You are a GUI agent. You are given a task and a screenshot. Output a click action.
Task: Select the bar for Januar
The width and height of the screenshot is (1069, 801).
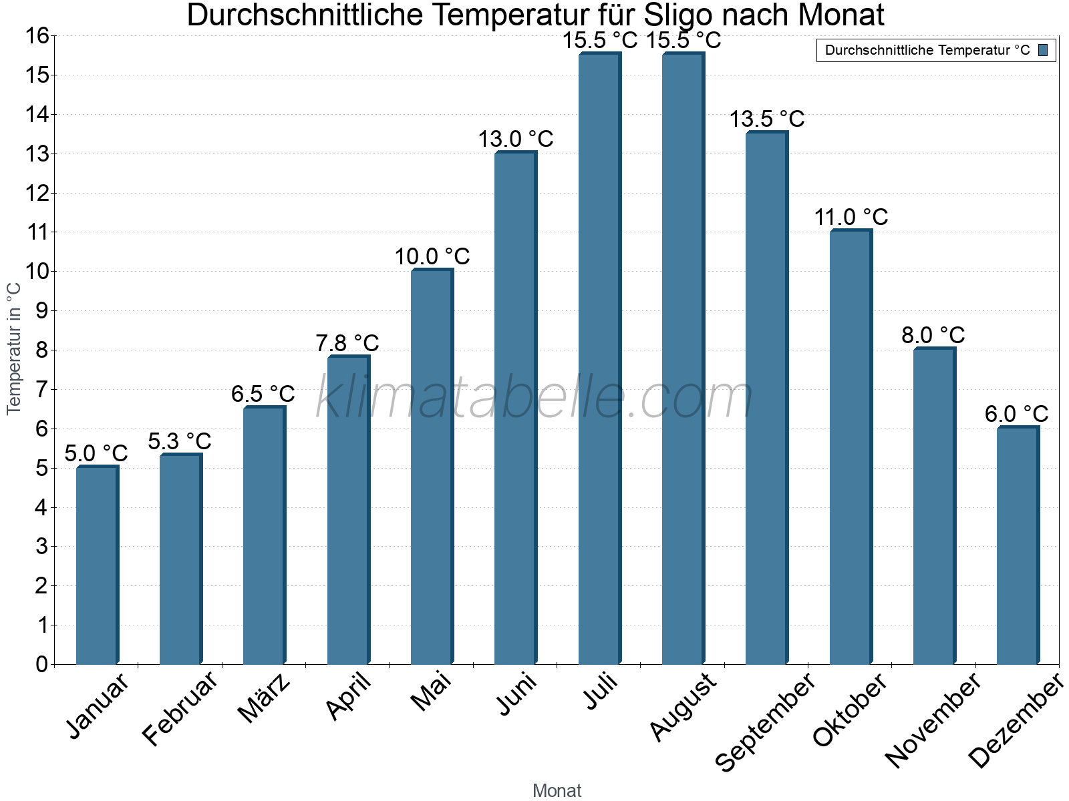coord(97,565)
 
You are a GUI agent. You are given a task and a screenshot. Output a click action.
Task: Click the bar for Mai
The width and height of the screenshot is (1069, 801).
coord(432,467)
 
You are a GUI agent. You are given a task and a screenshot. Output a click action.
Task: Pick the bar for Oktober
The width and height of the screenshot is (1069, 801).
coord(851,447)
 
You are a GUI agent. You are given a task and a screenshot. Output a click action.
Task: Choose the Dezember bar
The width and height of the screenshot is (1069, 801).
coord(1018,545)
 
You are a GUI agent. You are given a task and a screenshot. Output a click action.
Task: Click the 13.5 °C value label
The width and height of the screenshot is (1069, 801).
coord(766,119)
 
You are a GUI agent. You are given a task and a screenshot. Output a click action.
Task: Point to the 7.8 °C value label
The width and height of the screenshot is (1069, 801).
coord(347,344)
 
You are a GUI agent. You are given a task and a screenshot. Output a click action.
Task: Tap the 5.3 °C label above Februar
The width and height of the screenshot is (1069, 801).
coord(180,442)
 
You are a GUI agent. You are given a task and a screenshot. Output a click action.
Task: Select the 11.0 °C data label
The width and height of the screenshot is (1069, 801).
coord(851,218)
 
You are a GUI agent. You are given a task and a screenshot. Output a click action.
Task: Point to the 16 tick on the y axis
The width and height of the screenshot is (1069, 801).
coord(38,36)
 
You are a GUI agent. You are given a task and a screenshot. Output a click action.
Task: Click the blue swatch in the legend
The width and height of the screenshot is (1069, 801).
coord(1043,50)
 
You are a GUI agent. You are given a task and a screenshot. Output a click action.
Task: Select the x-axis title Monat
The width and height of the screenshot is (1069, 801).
coord(557,791)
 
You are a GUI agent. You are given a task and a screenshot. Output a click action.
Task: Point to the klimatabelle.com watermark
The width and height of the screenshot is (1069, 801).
coord(534,398)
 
